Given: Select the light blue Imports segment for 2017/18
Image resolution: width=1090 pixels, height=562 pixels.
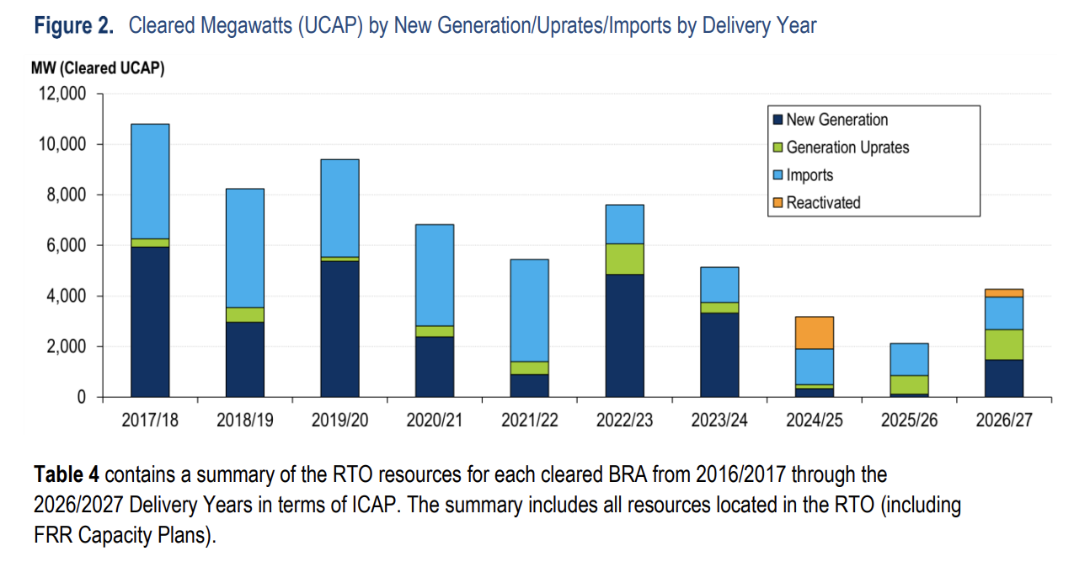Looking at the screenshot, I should [150, 181].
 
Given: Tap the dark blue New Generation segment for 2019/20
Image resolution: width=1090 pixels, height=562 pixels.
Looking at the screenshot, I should [339, 329].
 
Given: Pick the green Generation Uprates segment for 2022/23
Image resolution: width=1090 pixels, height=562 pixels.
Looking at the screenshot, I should [625, 259].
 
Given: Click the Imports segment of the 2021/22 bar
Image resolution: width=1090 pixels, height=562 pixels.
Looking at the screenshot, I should [530, 310].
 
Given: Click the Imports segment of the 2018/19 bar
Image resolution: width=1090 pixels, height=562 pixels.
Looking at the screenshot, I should [245, 248].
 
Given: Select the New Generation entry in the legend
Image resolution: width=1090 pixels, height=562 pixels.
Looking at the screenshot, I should [836, 120].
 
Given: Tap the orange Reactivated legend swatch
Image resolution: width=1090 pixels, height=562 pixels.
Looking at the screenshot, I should [778, 203].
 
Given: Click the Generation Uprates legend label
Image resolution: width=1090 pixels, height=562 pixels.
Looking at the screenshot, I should [847, 147].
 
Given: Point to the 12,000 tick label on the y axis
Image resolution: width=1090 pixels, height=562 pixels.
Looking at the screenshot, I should [61, 94].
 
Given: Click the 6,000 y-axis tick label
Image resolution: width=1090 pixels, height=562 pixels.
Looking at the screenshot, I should [66, 245].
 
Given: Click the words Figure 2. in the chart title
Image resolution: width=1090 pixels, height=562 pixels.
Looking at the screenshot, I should [73, 26].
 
